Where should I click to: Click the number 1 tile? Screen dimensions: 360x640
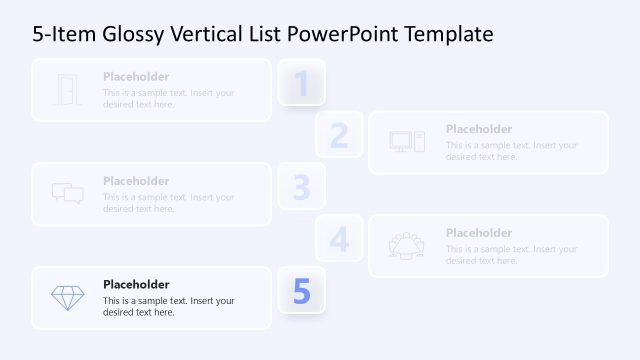pyautogui.click(x=301, y=83)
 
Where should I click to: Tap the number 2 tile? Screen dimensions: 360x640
pyautogui.click(x=339, y=135)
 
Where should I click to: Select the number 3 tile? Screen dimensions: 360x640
pyautogui.click(x=301, y=187)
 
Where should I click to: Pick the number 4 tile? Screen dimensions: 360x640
pyautogui.click(x=339, y=239)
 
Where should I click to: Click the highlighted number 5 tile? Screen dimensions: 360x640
pyautogui.click(x=301, y=291)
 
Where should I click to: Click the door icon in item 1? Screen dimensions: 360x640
pyautogui.click(x=67, y=90)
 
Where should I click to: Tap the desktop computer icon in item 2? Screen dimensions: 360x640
pyautogui.click(x=407, y=142)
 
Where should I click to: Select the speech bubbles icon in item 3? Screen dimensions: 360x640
pyautogui.click(x=67, y=194)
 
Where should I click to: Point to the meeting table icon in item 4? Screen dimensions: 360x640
pyautogui.click(x=407, y=246)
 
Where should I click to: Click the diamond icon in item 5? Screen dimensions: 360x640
pyautogui.click(x=67, y=298)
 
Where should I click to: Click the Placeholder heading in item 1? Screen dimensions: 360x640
pyautogui.click(x=136, y=77)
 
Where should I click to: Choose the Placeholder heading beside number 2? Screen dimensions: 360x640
pyautogui.click(x=479, y=129)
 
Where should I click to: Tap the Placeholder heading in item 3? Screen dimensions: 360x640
pyautogui.click(x=136, y=181)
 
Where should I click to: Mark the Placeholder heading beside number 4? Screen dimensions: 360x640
pyautogui.click(x=479, y=233)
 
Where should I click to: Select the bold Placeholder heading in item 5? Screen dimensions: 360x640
pyautogui.click(x=136, y=285)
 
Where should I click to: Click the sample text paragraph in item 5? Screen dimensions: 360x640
pyautogui.click(x=168, y=306)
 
